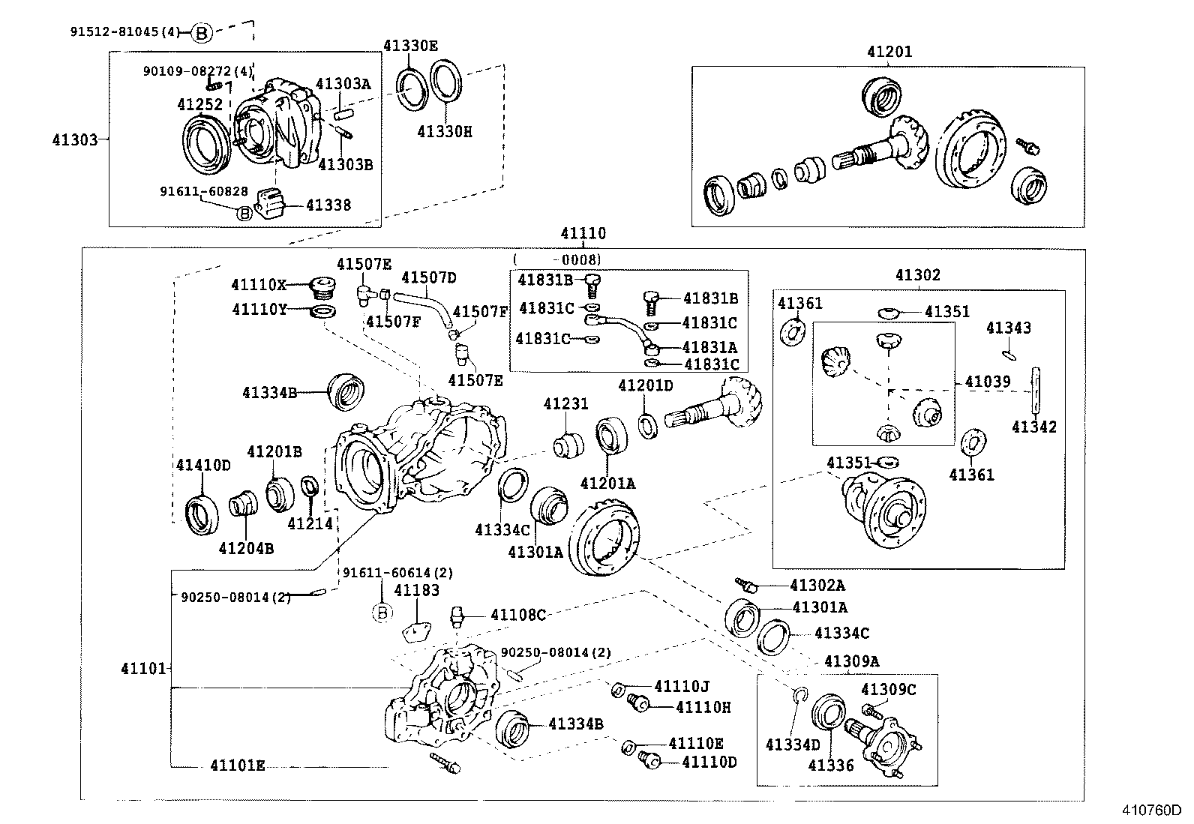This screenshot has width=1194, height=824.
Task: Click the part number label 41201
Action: coord(889,52)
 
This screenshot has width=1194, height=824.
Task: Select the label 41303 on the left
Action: coord(75,139)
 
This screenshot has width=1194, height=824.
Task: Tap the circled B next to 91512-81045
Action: coord(201,32)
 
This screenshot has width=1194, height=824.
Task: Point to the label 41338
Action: coord(328,205)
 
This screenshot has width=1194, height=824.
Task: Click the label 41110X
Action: coord(258,285)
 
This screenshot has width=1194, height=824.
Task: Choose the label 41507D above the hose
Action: coord(428,277)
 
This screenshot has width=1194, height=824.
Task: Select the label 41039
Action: coord(988,382)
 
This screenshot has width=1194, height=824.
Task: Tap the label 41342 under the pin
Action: coord(1033,427)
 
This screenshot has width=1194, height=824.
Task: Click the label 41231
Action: coord(565,405)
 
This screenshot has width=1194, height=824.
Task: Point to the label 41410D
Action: coord(203,465)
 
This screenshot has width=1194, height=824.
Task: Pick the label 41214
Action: coord(310,523)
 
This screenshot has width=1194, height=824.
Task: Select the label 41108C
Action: coord(517,615)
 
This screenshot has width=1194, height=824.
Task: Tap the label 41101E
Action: coord(237,766)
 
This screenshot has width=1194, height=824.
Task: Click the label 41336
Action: coord(830,765)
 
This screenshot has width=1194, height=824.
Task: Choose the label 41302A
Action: coord(817,585)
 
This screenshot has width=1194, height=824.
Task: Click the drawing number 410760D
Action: coord(1151,811)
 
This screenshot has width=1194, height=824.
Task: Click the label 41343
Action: coord(1008,328)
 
